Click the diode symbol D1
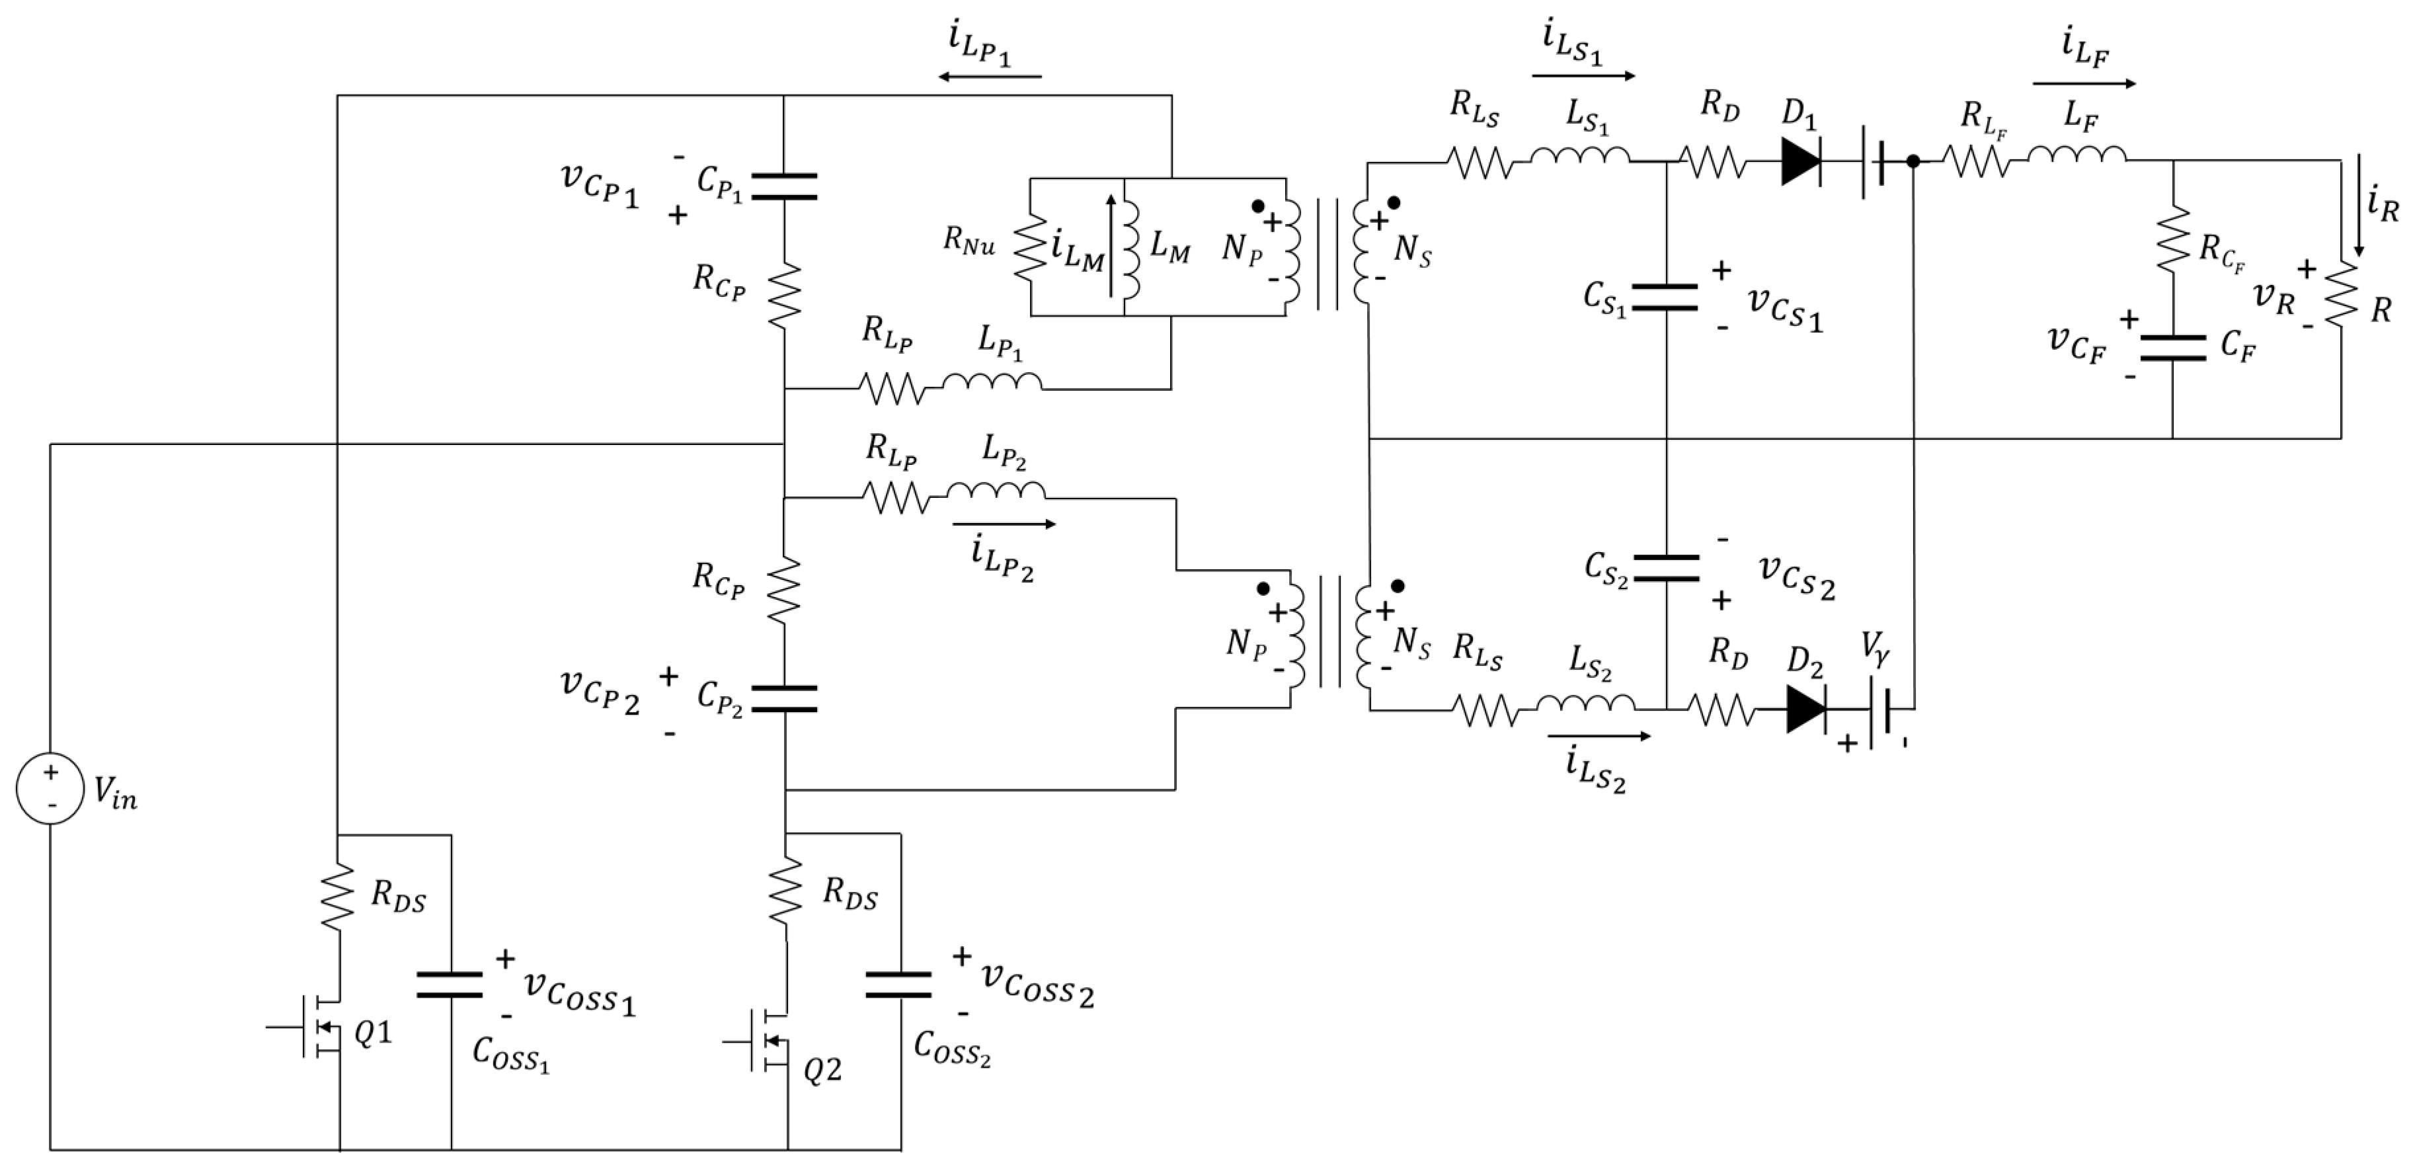tap(1800, 163)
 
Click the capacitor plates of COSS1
tap(450, 985)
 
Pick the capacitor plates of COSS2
tap(898, 985)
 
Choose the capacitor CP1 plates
tap(783, 186)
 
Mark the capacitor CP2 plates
tap(783, 698)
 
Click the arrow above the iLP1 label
tap(990, 77)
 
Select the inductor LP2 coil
tap(996, 491)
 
